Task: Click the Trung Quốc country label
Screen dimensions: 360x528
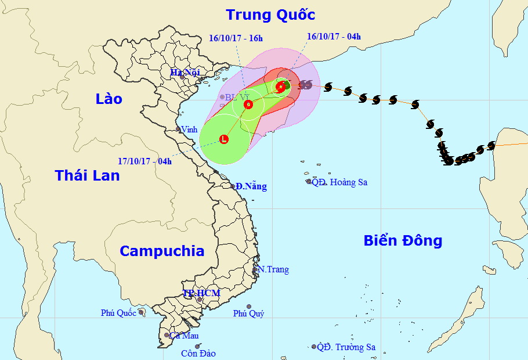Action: point(270,15)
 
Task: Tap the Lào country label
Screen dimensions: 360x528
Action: point(109,99)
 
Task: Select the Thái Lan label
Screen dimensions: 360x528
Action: point(87,175)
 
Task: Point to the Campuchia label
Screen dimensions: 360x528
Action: point(162,251)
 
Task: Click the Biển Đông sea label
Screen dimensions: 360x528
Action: point(403,240)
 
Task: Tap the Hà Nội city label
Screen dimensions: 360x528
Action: point(185,73)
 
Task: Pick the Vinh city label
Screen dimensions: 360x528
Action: point(189,129)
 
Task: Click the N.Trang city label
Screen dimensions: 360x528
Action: point(273,269)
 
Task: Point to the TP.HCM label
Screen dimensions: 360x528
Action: point(201,293)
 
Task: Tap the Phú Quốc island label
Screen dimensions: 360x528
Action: point(118,313)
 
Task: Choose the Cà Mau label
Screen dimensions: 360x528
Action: point(182,336)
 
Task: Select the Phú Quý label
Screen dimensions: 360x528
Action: point(248,314)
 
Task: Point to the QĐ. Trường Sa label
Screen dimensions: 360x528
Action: point(346,347)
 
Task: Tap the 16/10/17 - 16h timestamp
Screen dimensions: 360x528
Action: point(236,39)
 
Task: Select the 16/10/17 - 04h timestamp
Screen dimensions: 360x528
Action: point(334,37)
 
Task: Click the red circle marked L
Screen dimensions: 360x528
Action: point(224,139)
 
